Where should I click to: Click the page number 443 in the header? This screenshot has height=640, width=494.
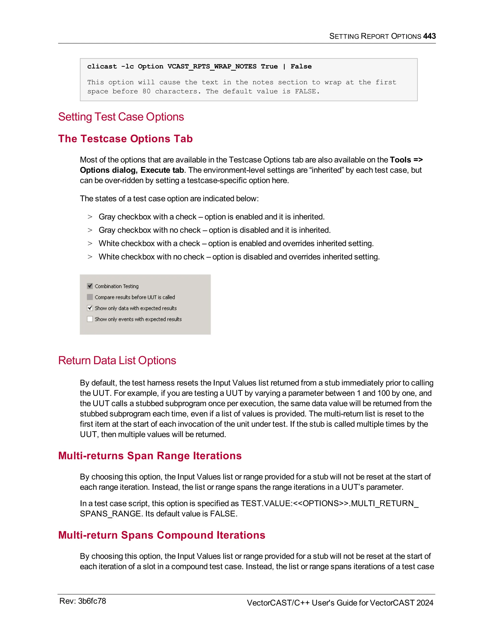(x=429, y=36)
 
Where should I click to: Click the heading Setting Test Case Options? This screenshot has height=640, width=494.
(x=121, y=117)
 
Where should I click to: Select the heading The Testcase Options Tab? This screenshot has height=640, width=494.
(x=125, y=139)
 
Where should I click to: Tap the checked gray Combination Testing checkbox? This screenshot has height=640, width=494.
(x=90, y=286)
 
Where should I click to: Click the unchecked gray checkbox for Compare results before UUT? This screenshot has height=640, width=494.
(x=90, y=297)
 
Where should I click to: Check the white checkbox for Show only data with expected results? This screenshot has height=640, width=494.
(x=90, y=308)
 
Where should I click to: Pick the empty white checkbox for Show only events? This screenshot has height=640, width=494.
(x=90, y=319)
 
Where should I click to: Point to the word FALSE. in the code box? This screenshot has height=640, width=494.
(x=307, y=92)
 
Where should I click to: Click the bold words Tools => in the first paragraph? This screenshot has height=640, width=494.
(x=406, y=160)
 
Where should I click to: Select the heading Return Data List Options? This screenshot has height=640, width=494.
(x=117, y=360)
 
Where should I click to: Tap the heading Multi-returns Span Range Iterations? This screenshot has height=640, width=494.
(x=150, y=456)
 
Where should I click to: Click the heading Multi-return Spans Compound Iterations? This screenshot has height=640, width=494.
(x=162, y=535)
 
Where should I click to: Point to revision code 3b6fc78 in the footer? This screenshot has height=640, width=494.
(x=92, y=601)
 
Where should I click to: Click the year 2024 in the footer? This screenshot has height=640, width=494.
(x=425, y=603)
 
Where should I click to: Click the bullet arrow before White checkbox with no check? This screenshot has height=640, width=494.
(x=90, y=257)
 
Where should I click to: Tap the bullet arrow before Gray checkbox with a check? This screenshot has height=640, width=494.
(x=90, y=217)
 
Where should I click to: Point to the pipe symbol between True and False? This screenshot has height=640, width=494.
(x=284, y=66)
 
